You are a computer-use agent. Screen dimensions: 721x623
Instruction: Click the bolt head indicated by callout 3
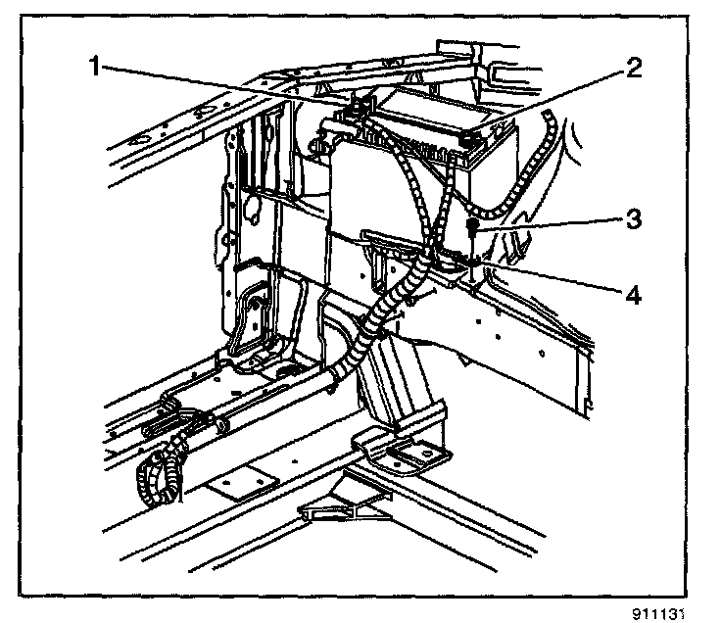[x=473, y=226]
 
